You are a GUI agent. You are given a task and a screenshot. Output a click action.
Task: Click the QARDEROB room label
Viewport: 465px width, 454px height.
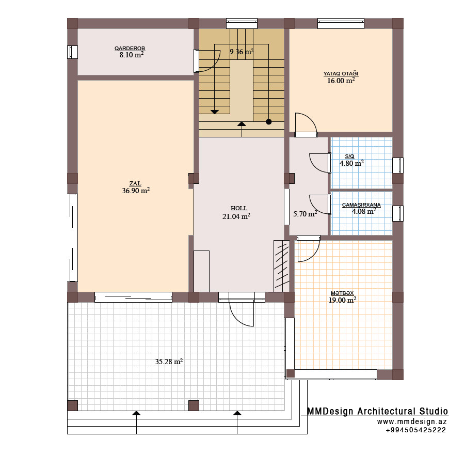tap(130, 49)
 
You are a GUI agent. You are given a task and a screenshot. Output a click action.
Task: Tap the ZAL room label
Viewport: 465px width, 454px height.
tap(135, 183)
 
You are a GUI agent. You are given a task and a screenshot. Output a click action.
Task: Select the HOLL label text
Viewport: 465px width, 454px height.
tap(239, 208)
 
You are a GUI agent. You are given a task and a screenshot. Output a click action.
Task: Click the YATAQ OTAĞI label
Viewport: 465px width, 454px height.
tap(341, 73)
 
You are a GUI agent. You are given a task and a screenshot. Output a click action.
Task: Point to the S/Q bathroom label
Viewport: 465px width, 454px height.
tap(349, 156)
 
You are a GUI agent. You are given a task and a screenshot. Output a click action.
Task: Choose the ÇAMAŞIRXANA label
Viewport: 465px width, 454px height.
tap(361, 205)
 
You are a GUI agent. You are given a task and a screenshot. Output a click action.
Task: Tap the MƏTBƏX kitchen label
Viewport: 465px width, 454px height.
tap(342, 293)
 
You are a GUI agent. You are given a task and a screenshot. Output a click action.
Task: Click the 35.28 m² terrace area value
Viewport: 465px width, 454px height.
tap(169, 362)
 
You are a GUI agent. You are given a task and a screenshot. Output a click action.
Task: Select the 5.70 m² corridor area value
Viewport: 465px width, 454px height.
tap(305, 214)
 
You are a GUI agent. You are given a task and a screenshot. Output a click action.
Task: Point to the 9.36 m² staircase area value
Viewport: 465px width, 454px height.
tap(242, 52)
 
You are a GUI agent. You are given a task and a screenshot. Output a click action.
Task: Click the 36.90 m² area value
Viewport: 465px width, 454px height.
tap(136, 191)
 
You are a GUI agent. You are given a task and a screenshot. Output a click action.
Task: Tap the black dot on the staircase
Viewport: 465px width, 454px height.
tap(269, 122)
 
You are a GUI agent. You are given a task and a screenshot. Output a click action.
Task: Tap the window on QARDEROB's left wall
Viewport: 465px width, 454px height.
tap(72, 52)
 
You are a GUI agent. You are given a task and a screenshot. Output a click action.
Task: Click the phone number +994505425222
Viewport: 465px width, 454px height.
tap(416, 430)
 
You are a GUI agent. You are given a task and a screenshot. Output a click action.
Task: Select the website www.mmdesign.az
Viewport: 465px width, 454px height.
tap(412, 421)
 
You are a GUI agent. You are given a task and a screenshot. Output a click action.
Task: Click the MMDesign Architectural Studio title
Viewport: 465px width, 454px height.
tap(377, 411)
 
